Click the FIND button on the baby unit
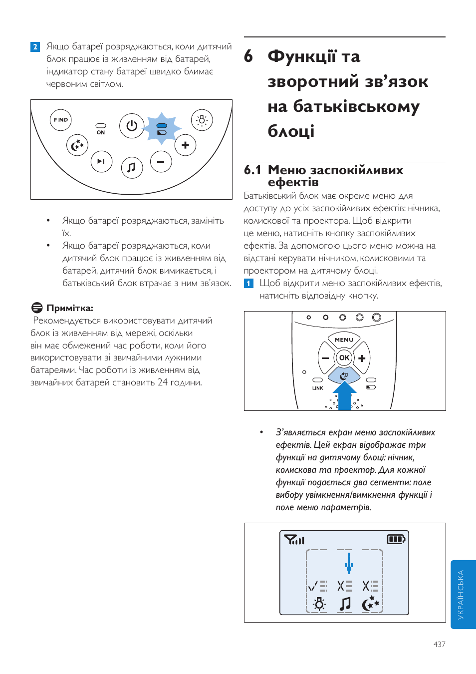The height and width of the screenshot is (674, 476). coord(61,120)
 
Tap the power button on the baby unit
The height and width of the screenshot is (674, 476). coord(132,125)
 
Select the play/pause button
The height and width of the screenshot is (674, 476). coord(101,161)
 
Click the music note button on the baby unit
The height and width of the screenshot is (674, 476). coord(132,167)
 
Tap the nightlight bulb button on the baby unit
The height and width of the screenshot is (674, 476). coord(202,120)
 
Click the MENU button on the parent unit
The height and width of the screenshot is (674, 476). coord(344,339)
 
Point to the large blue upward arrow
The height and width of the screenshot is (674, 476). coord(344,394)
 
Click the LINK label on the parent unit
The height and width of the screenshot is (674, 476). coord(318,388)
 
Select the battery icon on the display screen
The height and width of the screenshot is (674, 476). coord(396,539)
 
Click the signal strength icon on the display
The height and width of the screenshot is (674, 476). coord(294,540)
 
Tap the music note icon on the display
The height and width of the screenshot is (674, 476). coord(345,604)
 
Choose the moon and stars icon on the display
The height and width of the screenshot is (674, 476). coord(370,604)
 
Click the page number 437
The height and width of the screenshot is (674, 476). coord(439,645)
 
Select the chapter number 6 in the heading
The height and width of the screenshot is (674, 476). coord(248,56)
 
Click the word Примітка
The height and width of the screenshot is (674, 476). coord(69,308)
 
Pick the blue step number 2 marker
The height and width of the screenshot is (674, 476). coord(35,47)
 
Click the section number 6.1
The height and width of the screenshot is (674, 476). coord(252,170)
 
